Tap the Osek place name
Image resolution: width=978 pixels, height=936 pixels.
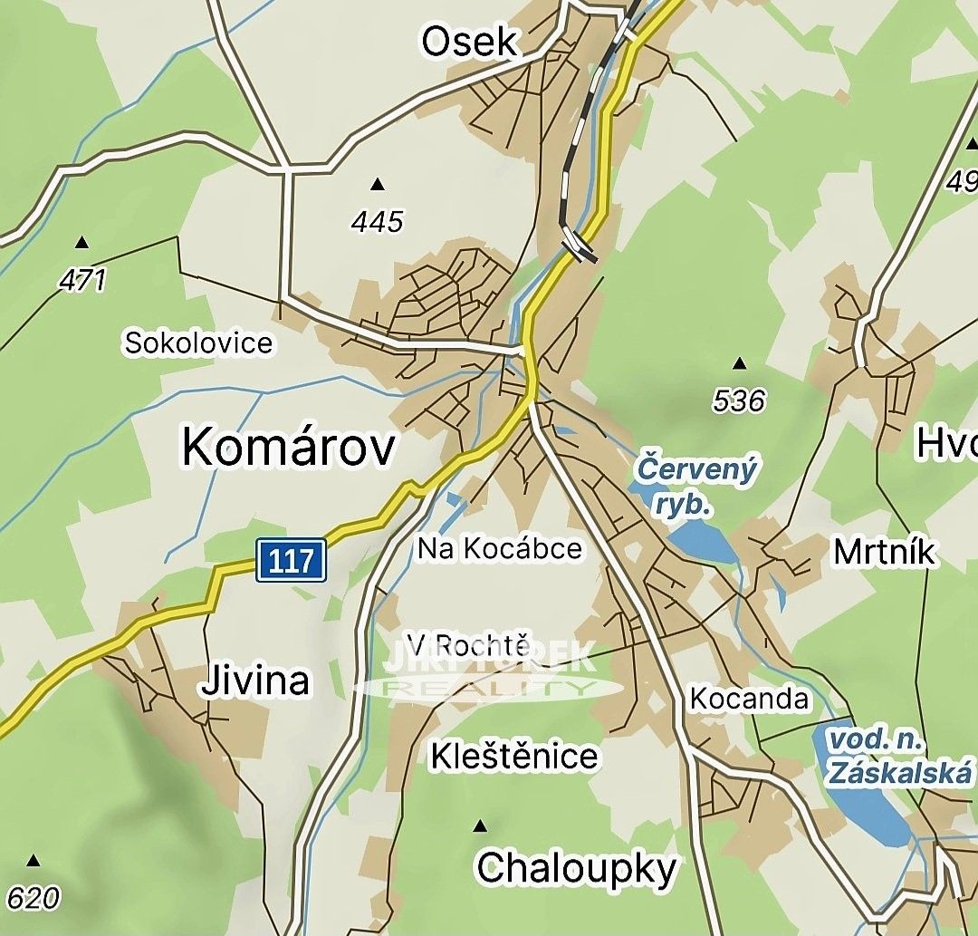(x=471, y=42)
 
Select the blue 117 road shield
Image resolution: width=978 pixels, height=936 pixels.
(x=291, y=561)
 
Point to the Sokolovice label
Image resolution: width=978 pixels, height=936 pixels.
(x=198, y=343)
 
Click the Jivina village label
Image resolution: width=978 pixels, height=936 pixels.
(x=255, y=680)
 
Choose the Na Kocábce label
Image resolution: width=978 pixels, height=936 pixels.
(x=500, y=548)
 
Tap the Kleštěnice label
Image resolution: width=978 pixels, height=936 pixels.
(x=514, y=755)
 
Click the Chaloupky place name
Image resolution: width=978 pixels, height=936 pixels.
(x=576, y=868)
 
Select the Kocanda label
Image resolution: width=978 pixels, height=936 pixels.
(x=749, y=698)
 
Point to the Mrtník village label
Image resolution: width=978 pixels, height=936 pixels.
(x=884, y=552)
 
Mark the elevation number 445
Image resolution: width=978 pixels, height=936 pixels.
(x=379, y=221)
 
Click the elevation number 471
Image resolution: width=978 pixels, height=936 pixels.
(x=82, y=280)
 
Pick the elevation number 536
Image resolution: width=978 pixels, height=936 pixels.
(x=739, y=400)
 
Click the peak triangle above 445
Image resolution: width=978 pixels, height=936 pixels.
(x=378, y=185)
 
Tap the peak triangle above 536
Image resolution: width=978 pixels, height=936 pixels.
(x=739, y=364)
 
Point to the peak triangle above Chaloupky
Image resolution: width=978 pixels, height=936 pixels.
(x=480, y=825)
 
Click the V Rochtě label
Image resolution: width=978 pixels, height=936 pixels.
(x=468, y=645)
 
